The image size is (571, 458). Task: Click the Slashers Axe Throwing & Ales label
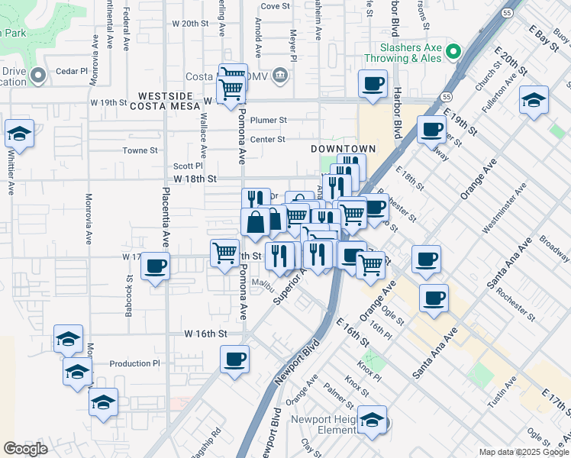pos(403,52)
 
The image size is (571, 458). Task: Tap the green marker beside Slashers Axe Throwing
pos(453,52)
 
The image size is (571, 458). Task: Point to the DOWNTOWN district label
pos(344,148)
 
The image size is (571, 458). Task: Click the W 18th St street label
pos(195,179)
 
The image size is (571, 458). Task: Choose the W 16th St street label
pos(206,334)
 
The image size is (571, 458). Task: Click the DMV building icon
pos(280,76)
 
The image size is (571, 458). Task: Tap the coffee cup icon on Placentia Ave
pos(156,266)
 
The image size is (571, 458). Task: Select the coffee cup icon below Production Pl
pos(234,359)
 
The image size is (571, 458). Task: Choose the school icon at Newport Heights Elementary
pos(372,421)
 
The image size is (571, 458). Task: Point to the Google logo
pos(25,450)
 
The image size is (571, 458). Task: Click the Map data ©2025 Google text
pos(524,452)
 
